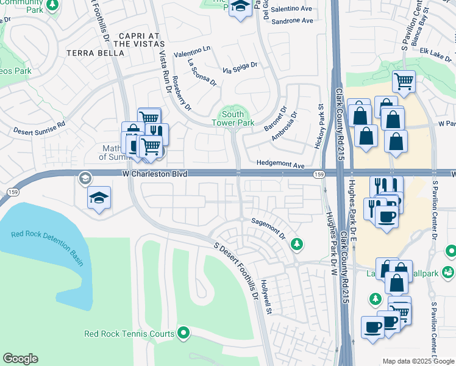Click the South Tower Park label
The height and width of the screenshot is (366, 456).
point(233,118)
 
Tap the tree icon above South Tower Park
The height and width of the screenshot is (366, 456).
point(233,113)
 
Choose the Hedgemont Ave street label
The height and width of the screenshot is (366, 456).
point(280,165)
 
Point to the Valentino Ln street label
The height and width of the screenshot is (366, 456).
point(191,52)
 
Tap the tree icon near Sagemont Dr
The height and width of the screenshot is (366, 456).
point(297,244)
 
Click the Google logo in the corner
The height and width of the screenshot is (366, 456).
point(20,359)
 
